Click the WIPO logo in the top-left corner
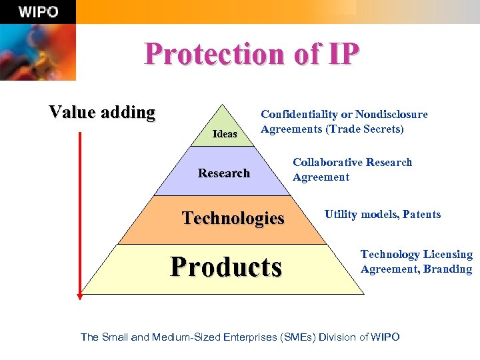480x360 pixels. coord(39,12)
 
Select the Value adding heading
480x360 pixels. coord(102,112)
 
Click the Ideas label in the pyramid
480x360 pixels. coord(225,134)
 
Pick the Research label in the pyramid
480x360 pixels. coord(224,173)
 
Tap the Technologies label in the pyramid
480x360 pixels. coord(233,218)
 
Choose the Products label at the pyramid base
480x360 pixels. coord(226,267)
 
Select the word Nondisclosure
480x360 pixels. coord(391,115)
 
